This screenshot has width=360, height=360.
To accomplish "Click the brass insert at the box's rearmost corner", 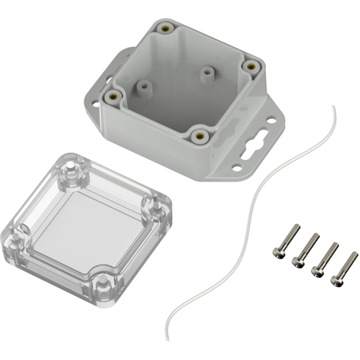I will [x=167, y=29].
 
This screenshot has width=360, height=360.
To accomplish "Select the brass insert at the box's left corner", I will [x=112, y=94].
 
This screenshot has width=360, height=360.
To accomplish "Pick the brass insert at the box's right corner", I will [x=251, y=66].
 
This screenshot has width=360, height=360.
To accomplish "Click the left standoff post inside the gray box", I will [x=144, y=87].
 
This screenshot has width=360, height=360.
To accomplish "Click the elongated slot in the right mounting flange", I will [x=251, y=142].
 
